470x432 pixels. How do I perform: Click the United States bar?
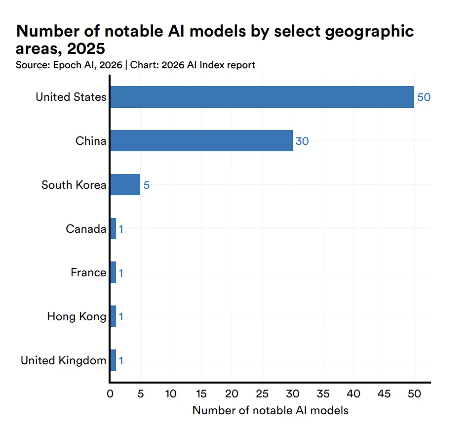(x=262, y=97)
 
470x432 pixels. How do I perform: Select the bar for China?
(x=201, y=141)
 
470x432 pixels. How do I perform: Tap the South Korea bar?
(x=125, y=185)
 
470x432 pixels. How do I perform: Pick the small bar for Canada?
(x=113, y=229)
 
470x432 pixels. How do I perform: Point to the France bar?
(x=113, y=272)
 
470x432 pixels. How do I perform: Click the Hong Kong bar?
(x=113, y=316)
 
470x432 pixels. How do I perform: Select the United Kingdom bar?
(x=113, y=360)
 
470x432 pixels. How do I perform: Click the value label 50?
(x=424, y=97)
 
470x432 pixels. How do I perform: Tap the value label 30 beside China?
(x=302, y=141)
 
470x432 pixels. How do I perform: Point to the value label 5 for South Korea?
(x=146, y=185)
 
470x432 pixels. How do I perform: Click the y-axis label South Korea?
(x=74, y=185)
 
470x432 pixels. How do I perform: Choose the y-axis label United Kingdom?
(x=63, y=360)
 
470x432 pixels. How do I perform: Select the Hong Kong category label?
(x=77, y=316)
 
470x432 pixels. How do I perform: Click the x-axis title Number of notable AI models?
(x=270, y=410)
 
